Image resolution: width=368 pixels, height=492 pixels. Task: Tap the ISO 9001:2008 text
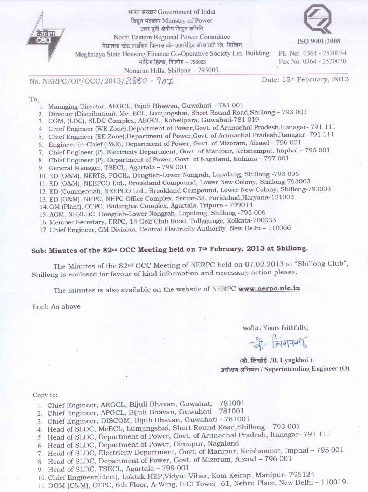318,41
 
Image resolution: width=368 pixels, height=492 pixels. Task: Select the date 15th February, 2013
305,79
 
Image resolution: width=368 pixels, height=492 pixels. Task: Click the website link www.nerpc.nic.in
269,289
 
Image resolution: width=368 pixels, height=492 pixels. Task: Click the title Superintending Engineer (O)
307,369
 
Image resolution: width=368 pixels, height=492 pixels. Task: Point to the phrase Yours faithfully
285,328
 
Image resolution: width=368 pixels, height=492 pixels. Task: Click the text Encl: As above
56,307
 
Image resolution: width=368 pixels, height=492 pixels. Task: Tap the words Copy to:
45,395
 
